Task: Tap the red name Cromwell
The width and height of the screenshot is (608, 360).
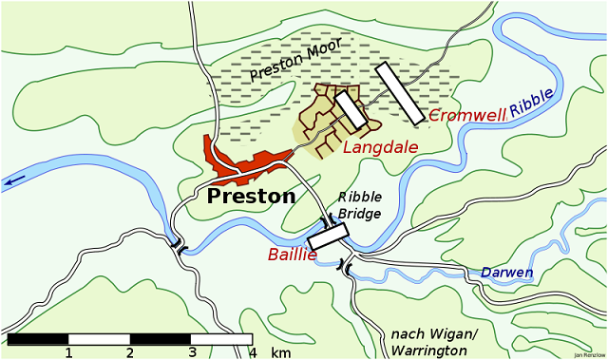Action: click(466, 115)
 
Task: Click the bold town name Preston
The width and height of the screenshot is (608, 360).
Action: click(251, 197)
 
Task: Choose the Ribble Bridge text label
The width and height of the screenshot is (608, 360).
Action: click(360, 205)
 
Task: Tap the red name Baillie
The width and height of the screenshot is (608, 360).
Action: click(292, 253)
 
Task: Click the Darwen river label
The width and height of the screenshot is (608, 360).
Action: click(506, 273)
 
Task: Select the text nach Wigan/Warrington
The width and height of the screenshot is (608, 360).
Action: click(434, 343)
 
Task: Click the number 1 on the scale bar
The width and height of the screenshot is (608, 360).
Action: click(68, 352)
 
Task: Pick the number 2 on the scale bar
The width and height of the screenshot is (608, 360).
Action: click(130, 352)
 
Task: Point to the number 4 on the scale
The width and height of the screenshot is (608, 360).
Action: click(253, 352)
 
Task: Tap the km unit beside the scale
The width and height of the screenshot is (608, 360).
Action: click(280, 352)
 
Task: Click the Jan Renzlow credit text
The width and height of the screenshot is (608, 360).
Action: click(588, 355)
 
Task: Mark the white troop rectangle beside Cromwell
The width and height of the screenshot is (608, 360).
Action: click(399, 92)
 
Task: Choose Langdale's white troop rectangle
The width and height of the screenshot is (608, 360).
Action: click(351, 111)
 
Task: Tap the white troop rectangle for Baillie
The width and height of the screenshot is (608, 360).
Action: click(329, 237)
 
